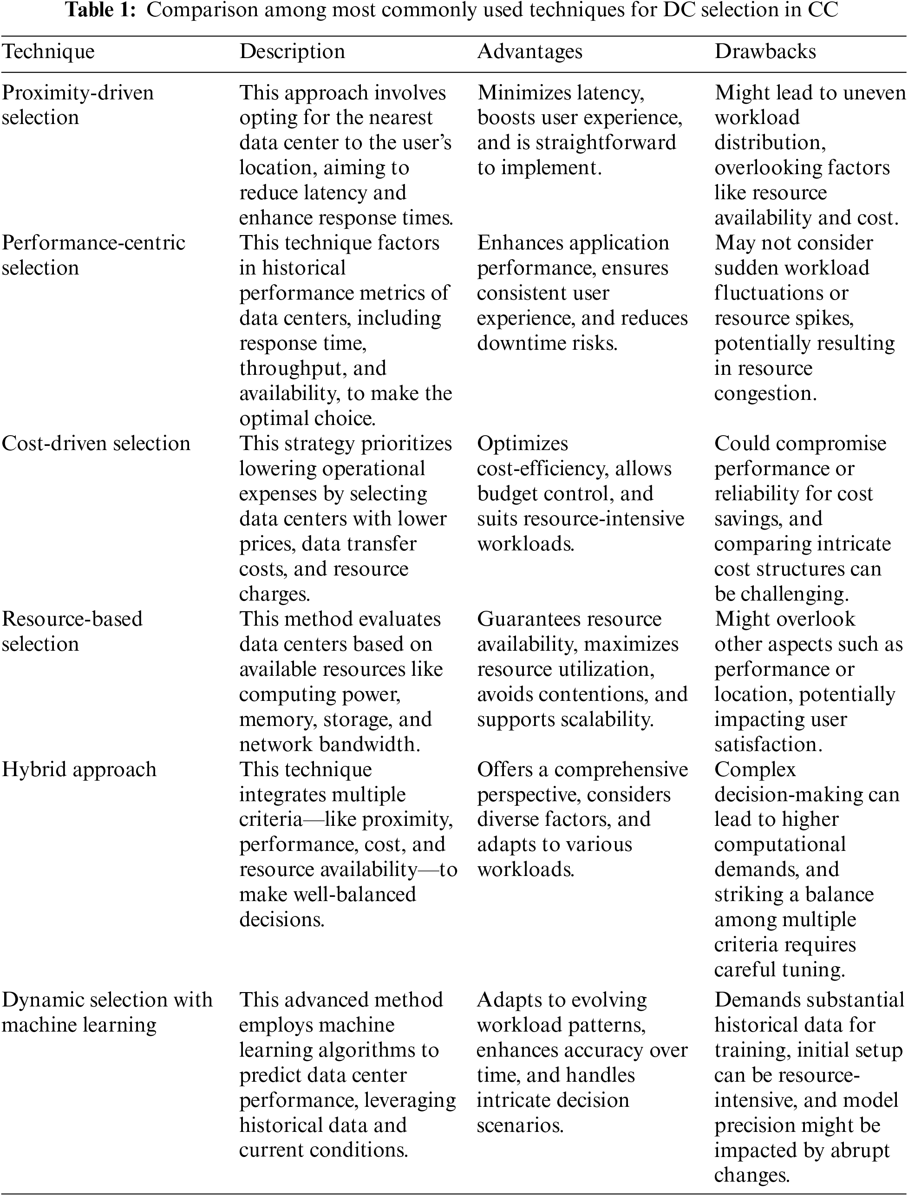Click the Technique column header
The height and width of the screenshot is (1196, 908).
48,52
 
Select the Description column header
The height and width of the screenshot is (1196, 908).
292,52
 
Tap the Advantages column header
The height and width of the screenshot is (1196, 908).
529,52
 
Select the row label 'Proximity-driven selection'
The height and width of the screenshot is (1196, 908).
78,105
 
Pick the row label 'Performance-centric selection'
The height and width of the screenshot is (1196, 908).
93,255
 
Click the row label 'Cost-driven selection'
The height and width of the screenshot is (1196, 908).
96,444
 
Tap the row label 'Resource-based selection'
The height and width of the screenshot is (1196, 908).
72,631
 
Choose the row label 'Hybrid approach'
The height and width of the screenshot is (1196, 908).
79,770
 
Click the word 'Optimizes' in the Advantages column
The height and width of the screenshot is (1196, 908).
523,444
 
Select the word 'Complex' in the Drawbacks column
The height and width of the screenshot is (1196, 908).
755,770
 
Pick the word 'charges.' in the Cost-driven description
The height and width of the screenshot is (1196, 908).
274,594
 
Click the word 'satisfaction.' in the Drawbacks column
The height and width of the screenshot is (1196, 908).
768,745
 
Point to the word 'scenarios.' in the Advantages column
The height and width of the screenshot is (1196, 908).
520,1125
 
